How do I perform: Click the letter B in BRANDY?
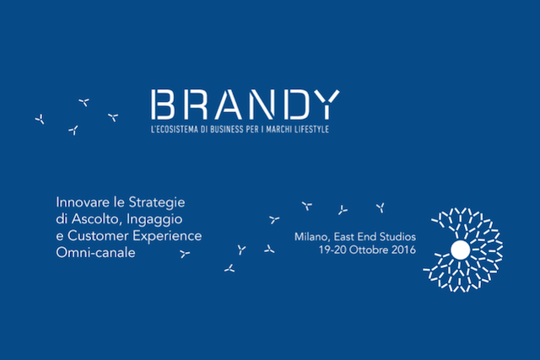(163, 105)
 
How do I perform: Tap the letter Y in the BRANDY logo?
(327, 105)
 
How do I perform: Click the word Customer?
(98, 236)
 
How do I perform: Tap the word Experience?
(167, 237)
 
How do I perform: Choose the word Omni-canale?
(95, 253)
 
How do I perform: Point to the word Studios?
(397, 237)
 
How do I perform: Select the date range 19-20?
(332, 250)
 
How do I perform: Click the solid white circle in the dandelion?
(461, 250)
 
